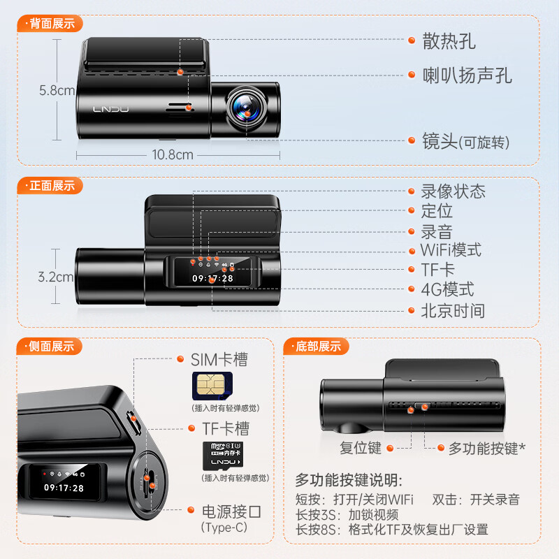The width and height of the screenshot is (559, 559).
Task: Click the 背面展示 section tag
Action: [x=51, y=23]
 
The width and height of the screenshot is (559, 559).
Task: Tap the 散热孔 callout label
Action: [x=449, y=41]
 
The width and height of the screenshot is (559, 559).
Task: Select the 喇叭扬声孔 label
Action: [x=467, y=75]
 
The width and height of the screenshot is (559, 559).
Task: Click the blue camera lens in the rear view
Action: [x=246, y=106]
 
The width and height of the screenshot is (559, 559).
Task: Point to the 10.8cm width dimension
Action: [x=173, y=155]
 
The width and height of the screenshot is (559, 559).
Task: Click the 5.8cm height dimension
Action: [x=56, y=91]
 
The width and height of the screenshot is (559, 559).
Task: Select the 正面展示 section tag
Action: [x=51, y=186]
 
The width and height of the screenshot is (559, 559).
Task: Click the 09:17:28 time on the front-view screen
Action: [x=213, y=278]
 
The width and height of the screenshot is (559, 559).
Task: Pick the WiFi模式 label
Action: [x=451, y=250]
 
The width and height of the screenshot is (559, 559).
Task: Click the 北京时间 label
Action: [x=452, y=310]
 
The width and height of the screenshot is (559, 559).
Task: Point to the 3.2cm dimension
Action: [x=56, y=277]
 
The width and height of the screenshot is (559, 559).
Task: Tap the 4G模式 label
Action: [x=447, y=289]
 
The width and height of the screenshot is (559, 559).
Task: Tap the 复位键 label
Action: [x=361, y=448]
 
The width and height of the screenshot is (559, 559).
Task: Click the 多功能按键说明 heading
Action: [x=348, y=480]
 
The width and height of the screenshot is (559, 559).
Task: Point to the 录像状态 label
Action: [x=453, y=191]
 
